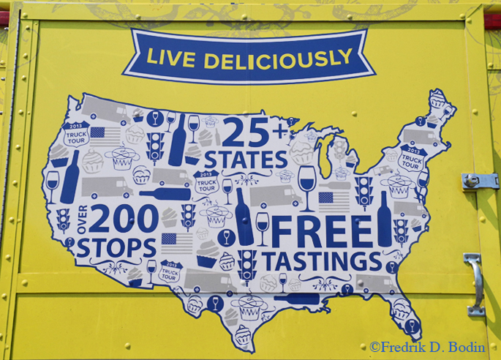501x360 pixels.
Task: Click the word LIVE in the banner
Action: tap(172, 57)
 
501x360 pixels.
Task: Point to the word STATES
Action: tap(246, 159)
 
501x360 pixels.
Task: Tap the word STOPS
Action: tap(116, 248)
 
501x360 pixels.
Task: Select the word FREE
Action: tap(323, 232)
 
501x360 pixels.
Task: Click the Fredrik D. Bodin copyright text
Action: tap(432, 347)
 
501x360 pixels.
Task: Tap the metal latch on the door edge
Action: tap(479, 181)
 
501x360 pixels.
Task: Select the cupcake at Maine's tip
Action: tap(438, 99)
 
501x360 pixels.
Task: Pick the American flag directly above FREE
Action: tap(326, 198)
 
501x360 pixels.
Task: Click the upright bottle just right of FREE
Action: tap(384, 220)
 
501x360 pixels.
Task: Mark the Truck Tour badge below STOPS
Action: tap(169, 271)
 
